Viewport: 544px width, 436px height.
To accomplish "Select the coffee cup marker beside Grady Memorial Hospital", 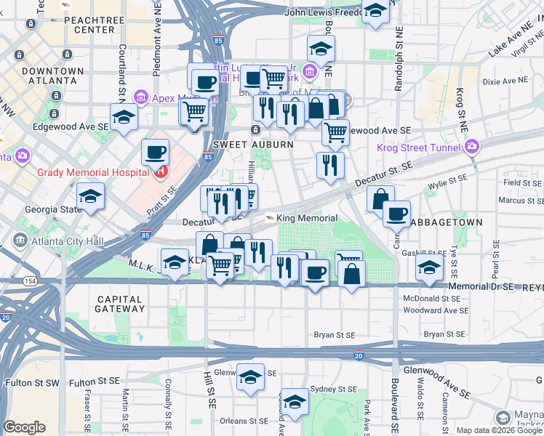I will [155, 153].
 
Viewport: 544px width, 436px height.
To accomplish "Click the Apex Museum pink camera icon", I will [140, 97].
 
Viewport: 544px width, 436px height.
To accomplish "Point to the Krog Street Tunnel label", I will [420, 148].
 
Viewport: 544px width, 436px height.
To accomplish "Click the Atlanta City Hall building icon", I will [19, 241].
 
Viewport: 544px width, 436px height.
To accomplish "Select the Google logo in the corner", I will [24, 427].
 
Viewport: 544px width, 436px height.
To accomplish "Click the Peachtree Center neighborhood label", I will [89, 25].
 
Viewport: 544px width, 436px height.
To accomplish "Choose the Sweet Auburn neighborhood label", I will [253, 145].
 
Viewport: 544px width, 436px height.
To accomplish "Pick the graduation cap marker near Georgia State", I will [91, 196].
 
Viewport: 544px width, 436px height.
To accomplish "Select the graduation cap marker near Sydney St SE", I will [295, 401].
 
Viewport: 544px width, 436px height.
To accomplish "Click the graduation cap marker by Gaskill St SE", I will [429, 267].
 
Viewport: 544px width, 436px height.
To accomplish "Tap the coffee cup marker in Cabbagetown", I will [396, 214].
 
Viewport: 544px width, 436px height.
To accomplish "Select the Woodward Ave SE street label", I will [436, 310].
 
